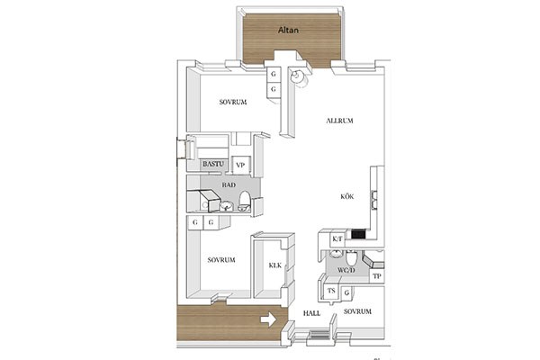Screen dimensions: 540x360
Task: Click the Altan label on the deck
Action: coord(288,31)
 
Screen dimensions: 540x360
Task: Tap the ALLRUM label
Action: coord(339,121)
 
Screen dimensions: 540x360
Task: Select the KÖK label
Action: coord(347,197)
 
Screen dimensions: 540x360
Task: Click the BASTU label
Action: coord(213,164)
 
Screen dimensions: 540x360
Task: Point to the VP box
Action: coord(240,166)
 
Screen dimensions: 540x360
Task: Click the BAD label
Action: coord(229,185)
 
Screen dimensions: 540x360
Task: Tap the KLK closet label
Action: coord(275,265)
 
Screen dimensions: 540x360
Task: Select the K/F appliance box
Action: coord(337,238)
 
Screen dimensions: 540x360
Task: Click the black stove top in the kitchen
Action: coord(358,235)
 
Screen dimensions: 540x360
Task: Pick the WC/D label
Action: coord(346,270)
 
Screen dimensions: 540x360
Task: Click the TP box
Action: coord(377,276)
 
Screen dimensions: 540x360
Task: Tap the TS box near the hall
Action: coord(331,291)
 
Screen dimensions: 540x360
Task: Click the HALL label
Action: coord(311,313)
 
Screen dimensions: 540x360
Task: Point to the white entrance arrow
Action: coord(268,319)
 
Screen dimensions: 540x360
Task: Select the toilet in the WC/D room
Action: coord(352,257)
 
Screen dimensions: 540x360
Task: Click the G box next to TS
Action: coord(346,292)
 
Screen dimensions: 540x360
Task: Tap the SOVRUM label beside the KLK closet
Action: coord(221,260)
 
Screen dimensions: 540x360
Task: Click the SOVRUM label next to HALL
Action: coord(357,311)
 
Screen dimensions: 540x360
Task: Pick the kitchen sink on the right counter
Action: coord(374,200)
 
